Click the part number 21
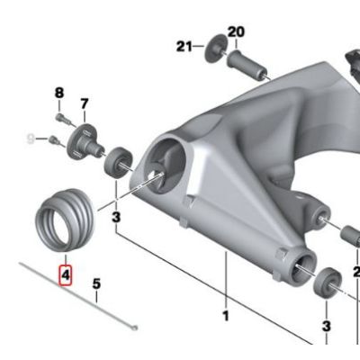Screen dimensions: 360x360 (184, 47)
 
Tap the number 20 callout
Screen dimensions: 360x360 (236, 32)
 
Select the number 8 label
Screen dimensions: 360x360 (59, 93)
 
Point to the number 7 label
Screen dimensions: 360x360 (85, 104)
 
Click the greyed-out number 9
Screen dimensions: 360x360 (31, 139)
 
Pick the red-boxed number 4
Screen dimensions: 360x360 (66, 275)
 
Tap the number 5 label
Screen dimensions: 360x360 (96, 283)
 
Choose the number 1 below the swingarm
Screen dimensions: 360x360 (226, 316)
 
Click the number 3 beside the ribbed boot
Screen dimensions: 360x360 (116, 218)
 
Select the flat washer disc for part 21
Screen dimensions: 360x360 (216, 49)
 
